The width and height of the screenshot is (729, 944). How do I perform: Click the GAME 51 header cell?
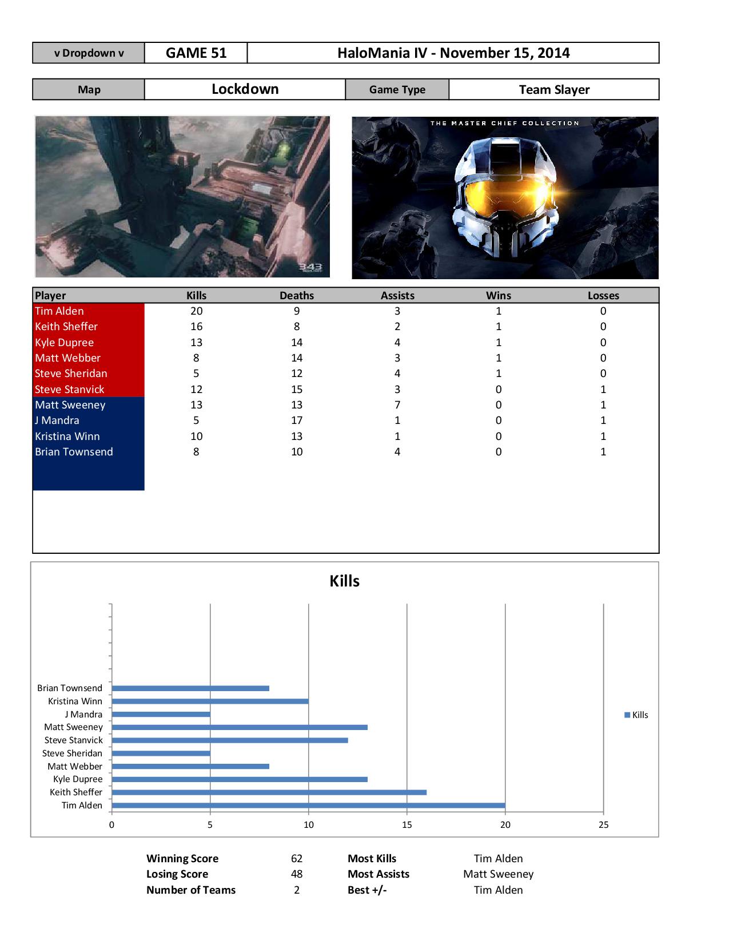point(196,53)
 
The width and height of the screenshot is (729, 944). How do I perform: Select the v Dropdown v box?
point(89,53)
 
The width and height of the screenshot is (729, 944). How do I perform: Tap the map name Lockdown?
point(245,89)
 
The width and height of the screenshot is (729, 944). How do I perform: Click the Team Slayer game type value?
point(553,90)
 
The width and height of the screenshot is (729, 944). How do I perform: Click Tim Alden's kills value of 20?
point(196,311)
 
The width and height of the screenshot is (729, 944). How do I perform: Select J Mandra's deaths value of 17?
point(297,421)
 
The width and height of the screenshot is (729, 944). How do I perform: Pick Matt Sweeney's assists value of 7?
point(397,405)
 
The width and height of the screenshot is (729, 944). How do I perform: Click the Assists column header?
point(397,296)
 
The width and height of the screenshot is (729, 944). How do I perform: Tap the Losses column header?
point(603,296)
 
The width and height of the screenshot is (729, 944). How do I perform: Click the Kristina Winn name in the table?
point(67,437)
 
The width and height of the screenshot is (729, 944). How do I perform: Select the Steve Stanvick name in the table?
point(70,390)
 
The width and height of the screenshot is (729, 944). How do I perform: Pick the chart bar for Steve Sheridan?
point(161,753)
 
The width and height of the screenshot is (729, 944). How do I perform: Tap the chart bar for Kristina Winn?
point(210,701)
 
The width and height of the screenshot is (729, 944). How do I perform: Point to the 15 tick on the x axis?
point(407,825)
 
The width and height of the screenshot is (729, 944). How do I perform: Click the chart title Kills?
point(344,581)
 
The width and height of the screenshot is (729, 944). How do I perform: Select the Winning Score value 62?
point(296,859)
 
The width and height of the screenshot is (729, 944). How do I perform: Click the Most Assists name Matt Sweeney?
point(498,874)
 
